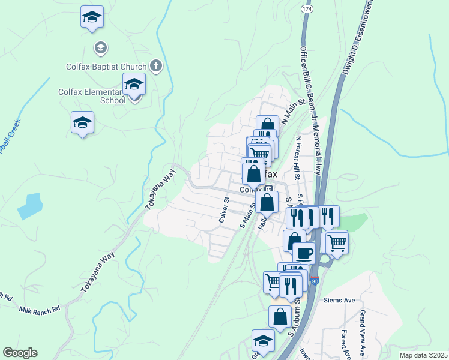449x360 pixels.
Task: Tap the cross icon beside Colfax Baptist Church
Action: point(156,65)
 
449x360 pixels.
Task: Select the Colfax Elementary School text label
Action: point(91,96)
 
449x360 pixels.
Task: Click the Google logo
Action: point(20,353)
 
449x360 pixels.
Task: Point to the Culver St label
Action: point(223,209)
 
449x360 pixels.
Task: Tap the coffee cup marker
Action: point(304,253)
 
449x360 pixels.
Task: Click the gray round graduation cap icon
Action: point(101,47)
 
